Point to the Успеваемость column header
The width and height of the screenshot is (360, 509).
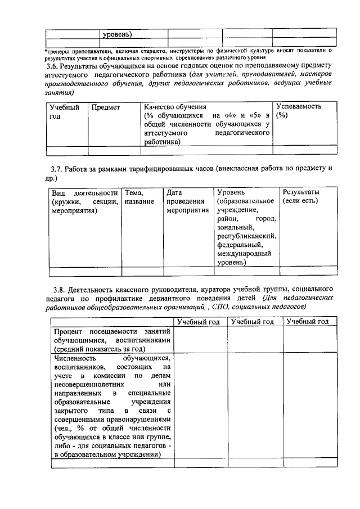(298, 106)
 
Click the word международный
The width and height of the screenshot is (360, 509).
(244, 254)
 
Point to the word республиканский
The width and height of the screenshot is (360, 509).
(245, 236)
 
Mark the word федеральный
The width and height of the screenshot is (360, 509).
(239, 245)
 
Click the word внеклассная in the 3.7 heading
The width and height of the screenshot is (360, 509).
(233, 169)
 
